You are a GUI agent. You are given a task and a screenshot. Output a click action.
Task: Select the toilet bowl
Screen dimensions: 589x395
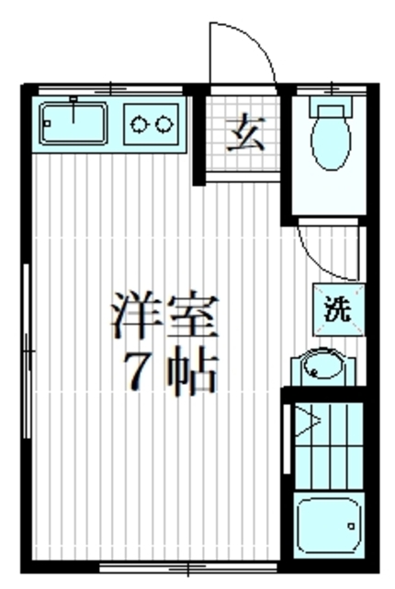point(329,143)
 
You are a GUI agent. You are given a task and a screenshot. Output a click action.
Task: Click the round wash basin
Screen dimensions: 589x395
point(322,368)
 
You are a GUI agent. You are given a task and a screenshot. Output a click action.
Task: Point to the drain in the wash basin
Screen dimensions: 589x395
point(315,373)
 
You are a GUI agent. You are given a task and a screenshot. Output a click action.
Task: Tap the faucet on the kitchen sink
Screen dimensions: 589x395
point(72,100)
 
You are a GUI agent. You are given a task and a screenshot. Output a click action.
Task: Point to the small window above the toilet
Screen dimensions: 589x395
point(328,88)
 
